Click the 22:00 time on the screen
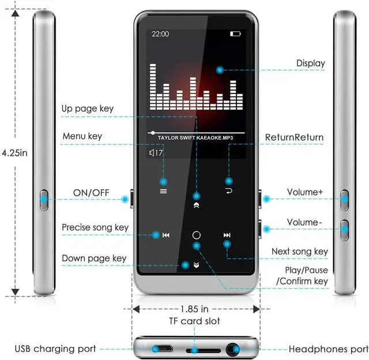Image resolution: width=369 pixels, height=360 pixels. (x=160, y=34)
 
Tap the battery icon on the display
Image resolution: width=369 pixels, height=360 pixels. (x=235, y=34)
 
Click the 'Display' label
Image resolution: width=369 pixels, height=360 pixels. (x=310, y=63)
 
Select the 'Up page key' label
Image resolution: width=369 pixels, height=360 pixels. (x=88, y=108)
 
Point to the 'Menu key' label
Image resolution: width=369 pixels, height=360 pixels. (x=82, y=136)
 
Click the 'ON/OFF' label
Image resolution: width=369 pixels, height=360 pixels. (x=91, y=192)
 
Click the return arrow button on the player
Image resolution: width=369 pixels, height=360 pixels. (x=229, y=190)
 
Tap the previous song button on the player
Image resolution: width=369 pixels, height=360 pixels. (x=165, y=235)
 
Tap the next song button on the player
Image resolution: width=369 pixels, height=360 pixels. (x=227, y=235)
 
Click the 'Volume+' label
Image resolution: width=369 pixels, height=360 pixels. (x=305, y=192)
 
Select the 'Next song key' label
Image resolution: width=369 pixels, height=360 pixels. (x=300, y=252)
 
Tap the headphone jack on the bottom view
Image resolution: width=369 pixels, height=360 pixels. (x=234, y=348)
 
